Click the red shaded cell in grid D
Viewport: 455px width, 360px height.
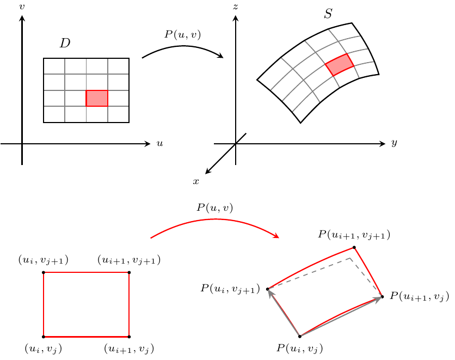pyautogui.click(x=97, y=99)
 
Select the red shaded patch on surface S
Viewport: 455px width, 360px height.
pyautogui.click(x=340, y=65)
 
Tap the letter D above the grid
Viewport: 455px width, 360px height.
pyautogui.click(x=65, y=43)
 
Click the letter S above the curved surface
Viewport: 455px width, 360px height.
pyautogui.click(x=328, y=14)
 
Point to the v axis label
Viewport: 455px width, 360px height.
pyautogui.click(x=22, y=7)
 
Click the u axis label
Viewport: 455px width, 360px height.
pyautogui.click(x=159, y=143)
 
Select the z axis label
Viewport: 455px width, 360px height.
pyautogui.click(x=236, y=7)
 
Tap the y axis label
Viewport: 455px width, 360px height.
pyautogui.click(x=394, y=143)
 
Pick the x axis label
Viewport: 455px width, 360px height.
pyautogui.click(x=196, y=181)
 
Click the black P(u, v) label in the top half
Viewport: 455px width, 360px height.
pyautogui.click(x=182, y=34)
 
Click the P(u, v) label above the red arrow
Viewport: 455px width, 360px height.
pyautogui.click(x=215, y=208)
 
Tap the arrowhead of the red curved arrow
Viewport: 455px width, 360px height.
pyautogui.click(x=276, y=235)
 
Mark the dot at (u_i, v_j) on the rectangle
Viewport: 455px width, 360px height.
pyautogui.click(x=44, y=337)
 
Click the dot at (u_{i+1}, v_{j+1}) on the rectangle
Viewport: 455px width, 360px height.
pyautogui.click(x=129, y=272)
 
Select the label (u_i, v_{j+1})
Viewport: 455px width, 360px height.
pyautogui.click(x=43, y=260)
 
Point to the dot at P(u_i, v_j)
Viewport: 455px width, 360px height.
pyautogui.click(x=300, y=337)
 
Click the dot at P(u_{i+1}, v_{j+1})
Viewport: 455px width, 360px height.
pyautogui.click(x=354, y=247)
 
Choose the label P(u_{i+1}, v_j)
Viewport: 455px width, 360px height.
pyautogui.click(x=419, y=296)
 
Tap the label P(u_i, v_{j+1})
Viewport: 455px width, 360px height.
pyautogui.click(x=230, y=289)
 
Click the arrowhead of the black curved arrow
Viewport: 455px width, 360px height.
pyautogui.click(x=220, y=56)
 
